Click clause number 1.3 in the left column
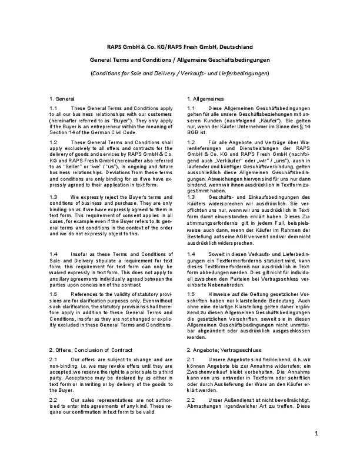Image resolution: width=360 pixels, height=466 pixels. pos(54,213)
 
